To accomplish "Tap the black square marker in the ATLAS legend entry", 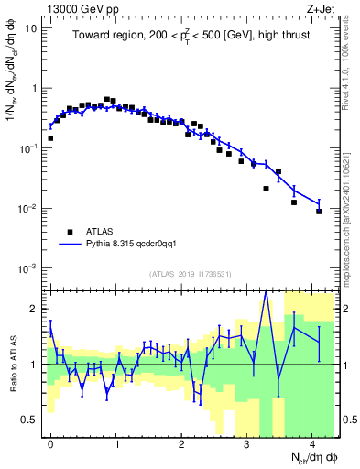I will click(x=69, y=232).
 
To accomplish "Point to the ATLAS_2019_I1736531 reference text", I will click(x=191, y=274).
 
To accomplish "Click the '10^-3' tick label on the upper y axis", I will click(x=28, y=268).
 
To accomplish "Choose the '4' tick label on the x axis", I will click(x=312, y=442).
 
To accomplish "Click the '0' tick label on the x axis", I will click(x=50, y=442).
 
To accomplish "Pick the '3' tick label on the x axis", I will click(x=247, y=442).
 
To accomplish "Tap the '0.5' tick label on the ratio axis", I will click(x=29, y=420).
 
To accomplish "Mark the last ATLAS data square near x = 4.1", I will click(x=319, y=212).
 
